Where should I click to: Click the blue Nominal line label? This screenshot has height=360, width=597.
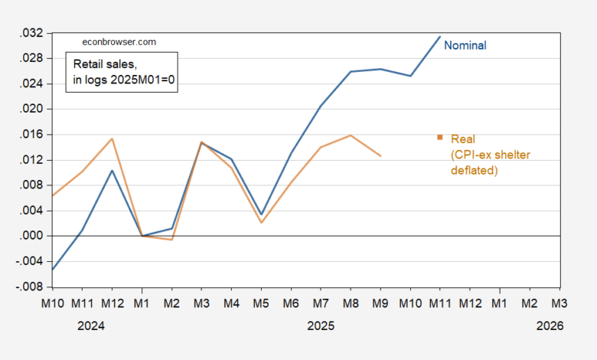tap(465, 45)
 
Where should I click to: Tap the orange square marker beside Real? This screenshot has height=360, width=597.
tap(440, 137)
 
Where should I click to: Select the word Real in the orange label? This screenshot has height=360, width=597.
tap(463, 139)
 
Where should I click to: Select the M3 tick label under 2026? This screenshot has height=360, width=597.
tap(559, 303)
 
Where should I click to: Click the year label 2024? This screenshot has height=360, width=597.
tap(91, 326)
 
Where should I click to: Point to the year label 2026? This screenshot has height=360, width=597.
tap(550, 326)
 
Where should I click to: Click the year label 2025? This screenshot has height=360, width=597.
tap(320, 326)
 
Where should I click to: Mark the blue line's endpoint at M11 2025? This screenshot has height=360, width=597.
tap(439, 37)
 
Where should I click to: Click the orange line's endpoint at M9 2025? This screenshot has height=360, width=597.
tap(380, 155)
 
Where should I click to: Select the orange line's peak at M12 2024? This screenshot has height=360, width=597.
tap(113, 139)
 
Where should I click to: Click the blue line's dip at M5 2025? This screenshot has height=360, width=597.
tap(262, 214)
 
